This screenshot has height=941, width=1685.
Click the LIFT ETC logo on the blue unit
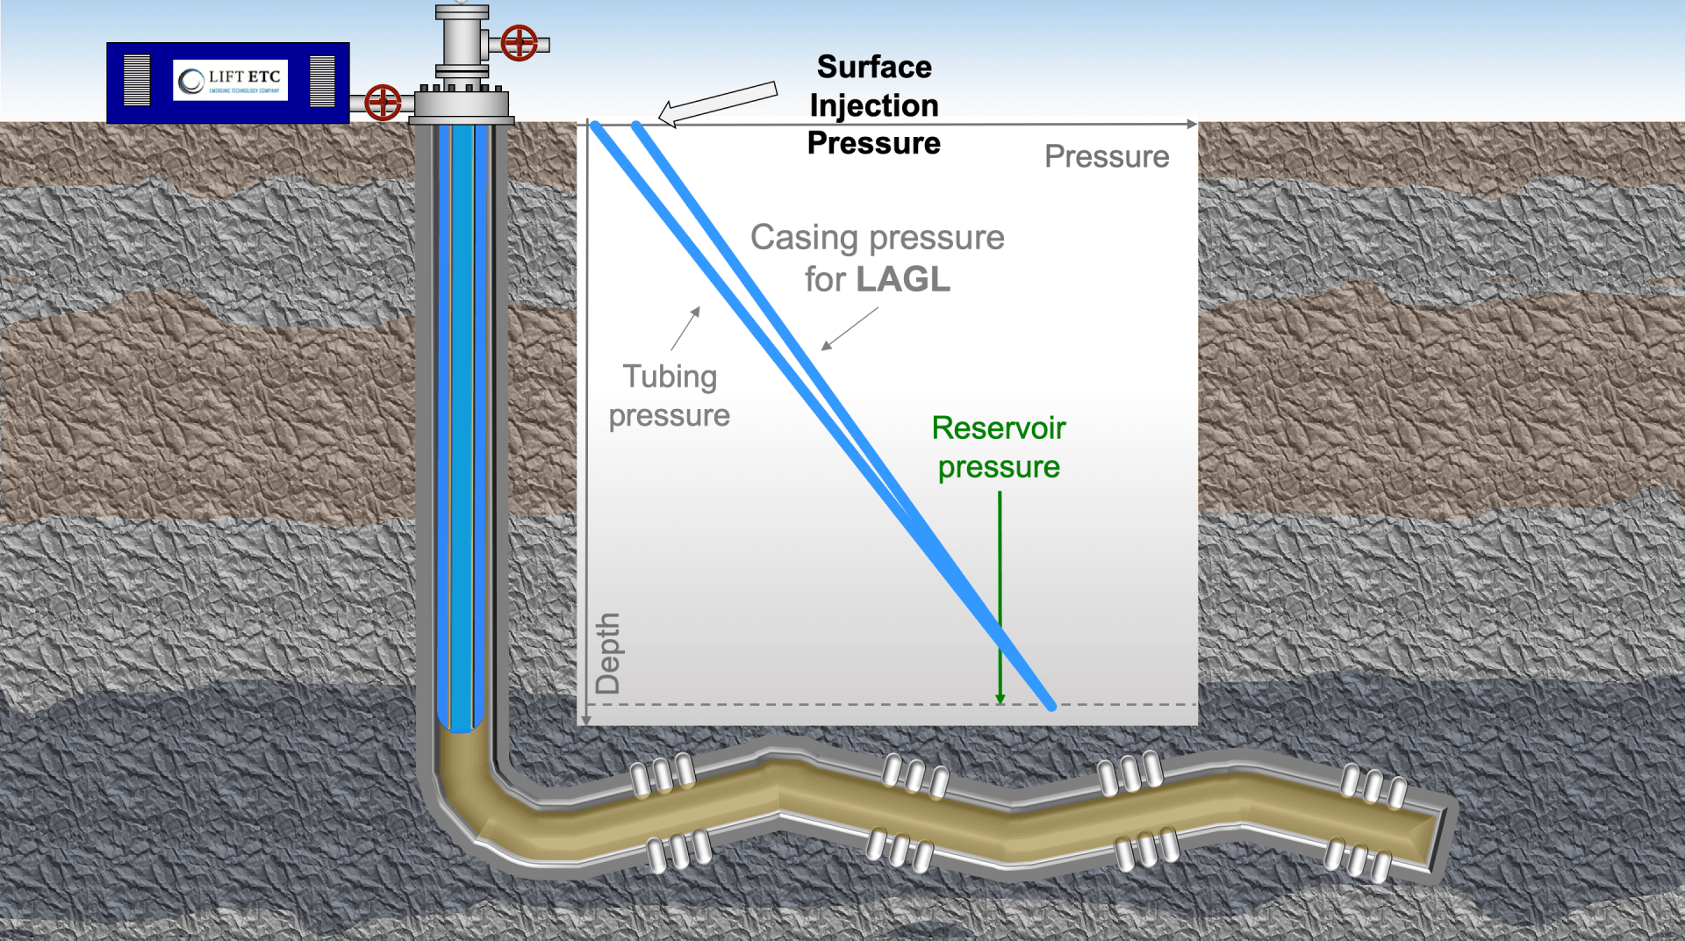point(230,81)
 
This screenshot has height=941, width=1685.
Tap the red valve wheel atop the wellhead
point(519,42)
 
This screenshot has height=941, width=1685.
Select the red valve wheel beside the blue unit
point(383,103)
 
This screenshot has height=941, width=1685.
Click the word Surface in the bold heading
point(874,67)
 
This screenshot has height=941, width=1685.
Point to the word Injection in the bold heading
point(874,105)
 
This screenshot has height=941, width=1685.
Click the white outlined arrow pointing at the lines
point(717,104)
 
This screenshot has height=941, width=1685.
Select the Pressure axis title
point(1106,156)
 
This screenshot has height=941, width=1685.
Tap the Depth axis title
point(607,653)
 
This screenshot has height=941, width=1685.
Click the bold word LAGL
point(903,279)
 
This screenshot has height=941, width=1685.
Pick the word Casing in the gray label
point(804,237)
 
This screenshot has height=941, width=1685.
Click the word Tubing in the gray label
point(670,377)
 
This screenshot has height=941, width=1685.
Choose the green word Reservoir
point(999,428)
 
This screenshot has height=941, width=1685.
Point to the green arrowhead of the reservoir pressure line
point(1000,699)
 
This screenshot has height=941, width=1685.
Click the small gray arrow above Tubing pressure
point(686,328)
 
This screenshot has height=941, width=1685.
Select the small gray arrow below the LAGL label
point(849,329)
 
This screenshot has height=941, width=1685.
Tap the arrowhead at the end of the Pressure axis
point(1192,125)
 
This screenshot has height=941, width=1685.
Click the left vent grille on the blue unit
point(137,81)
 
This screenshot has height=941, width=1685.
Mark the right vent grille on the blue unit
point(322,81)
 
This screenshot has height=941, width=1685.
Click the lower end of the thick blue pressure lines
point(1050,704)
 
